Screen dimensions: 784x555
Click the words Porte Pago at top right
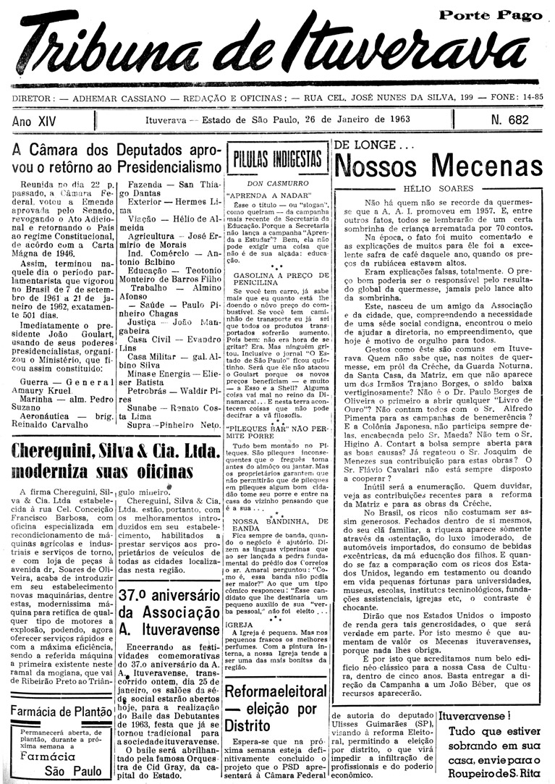(x=491, y=15)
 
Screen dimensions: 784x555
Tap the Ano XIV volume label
(x=34, y=121)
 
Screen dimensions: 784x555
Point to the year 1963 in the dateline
(x=397, y=119)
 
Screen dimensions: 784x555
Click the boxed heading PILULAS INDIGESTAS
(x=276, y=159)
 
